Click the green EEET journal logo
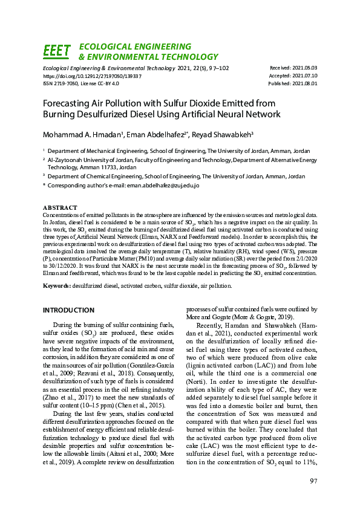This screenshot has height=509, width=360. pyautogui.click(x=57, y=51)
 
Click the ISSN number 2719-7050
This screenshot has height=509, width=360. pyautogui.click(x=67, y=84)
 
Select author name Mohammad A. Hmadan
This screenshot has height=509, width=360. pyautogui.click(x=80, y=133)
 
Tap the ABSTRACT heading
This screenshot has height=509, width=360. pyautogui.click(x=60, y=207)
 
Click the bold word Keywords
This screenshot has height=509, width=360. pyautogui.click(x=58, y=285)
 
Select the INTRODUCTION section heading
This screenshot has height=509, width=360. pyautogui.click(x=68, y=310)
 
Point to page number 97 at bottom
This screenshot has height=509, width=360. pyautogui.click(x=313, y=481)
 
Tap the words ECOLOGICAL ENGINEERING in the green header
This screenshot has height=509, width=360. pyautogui.click(x=135, y=47)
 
